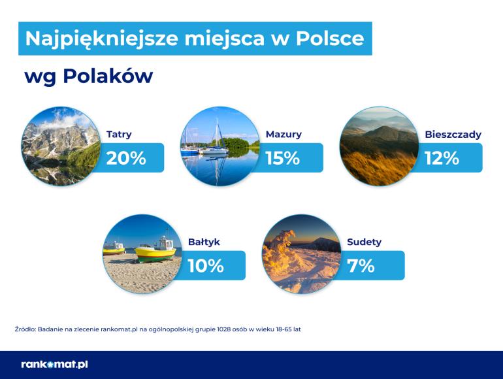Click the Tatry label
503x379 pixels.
pyautogui.click(x=119, y=134)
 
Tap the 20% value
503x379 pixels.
pyautogui.click(x=126, y=158)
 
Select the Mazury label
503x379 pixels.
pyautogui.click(x=284, y=134)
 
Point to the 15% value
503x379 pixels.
pyautogui.click(x=283, y=158)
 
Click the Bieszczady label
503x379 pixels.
pyautogui.click(x=453, y=135)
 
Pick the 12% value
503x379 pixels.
pyautogui.click(x=442, y=158)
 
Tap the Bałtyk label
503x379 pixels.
pyautogui.click(x=204, y=242)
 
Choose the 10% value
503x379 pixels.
pyautogui.click(x=206, y=266)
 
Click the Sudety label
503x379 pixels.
pyautogui.click(x=364, y=242)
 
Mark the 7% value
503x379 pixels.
pyautogui.click(x=361, y=266)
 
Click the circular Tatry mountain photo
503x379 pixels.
pyautogui.click(x=61, y=146)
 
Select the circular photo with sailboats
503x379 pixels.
pyautogui.click(x=220, y=146)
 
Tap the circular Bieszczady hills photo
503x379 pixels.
pyautogui.click(x=379, y=146)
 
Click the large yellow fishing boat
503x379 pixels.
pyautogui.click(x=155, y=250)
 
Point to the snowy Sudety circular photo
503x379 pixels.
pyautogui.click(x=302, y=254)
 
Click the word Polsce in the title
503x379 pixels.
pyautogui.click(x=330, y=39)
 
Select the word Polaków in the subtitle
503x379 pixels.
pyautogui.click(x=108, y=76)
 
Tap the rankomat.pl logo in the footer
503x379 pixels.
pyautogui.click(x=54, y=365)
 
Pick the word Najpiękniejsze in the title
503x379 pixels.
pyautogui.click(x=101, y=39)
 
